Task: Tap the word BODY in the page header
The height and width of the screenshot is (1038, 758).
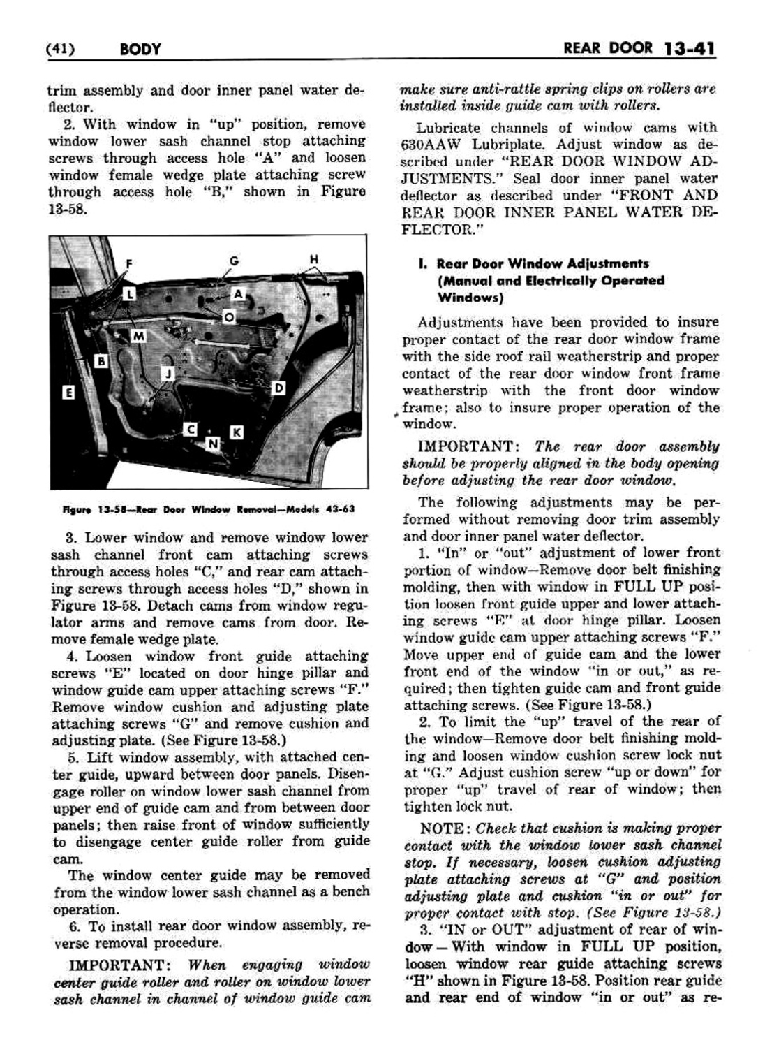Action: click(140, 50)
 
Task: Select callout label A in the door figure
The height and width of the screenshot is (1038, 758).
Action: click(238, 294)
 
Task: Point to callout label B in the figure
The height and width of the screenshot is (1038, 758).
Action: click(102, 361)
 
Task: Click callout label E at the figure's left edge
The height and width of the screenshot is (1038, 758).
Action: click(68, 393)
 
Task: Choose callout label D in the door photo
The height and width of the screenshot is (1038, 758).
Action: click(278, 388)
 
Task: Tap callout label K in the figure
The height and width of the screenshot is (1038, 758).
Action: click(236, 432)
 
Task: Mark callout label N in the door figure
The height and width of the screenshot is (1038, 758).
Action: click(213, 443)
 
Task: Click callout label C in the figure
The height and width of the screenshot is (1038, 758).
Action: click(190, 430)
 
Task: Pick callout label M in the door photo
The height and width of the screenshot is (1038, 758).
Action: click(139, 337)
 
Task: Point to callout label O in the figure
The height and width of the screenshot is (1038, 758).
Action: click(228, 318)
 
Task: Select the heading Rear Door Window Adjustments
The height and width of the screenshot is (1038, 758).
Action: click(542, 264)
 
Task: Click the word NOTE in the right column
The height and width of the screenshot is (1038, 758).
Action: click(441, 828)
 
